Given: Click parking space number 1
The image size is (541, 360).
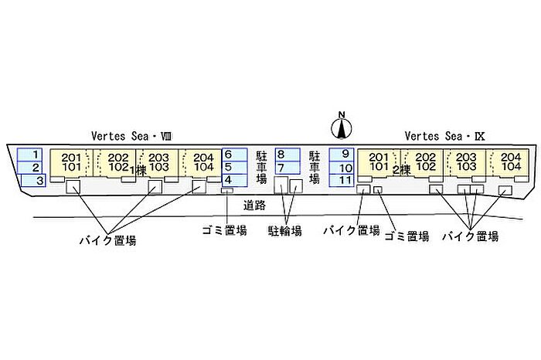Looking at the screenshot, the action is coord(29,155).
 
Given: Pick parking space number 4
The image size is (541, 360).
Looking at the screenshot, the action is coord(235,180).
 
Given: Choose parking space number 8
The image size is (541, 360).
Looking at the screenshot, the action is coord(288,155).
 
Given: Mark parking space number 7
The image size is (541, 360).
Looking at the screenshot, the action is coord(288,168).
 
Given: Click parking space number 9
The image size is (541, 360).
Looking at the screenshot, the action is coord(342,155).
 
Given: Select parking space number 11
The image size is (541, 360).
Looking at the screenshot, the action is coord(342,180).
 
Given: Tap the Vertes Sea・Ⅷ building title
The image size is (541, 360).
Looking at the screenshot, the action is coord(131,136).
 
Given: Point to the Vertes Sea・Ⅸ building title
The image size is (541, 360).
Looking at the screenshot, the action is coord(444,136).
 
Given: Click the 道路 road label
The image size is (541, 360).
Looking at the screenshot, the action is coord(254,205).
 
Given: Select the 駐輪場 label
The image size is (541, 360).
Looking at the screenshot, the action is coord(285,230).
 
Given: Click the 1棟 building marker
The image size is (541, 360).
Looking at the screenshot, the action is coord(138,171).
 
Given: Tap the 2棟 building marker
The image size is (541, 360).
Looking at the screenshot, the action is coord(402,170).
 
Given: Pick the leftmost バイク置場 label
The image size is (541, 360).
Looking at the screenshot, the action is coord(108,240).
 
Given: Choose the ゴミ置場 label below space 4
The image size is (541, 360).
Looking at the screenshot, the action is coord(224,230).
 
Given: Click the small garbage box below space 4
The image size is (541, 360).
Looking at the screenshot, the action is coord(227,190).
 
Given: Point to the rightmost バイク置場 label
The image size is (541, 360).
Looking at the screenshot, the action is coord(470,236).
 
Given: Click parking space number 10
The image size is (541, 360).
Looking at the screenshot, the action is coord(342,168).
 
